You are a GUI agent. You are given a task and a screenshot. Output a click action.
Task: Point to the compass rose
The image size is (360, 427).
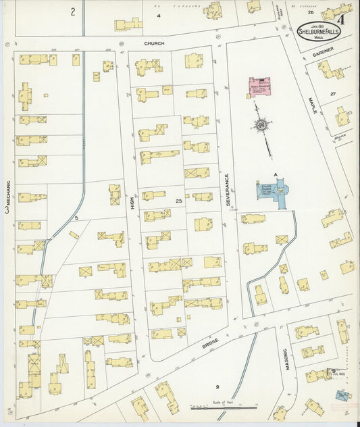[261, 124]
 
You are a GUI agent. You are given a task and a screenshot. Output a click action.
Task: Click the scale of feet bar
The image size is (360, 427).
[223, 408]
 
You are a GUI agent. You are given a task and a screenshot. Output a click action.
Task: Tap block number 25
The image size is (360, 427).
[178, 202]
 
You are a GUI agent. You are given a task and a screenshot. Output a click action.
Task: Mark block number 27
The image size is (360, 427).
[332, 94]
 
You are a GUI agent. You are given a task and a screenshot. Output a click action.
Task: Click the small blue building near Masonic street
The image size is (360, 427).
[342, 395]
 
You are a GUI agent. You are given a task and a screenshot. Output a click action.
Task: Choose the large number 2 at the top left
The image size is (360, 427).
[72, 11]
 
